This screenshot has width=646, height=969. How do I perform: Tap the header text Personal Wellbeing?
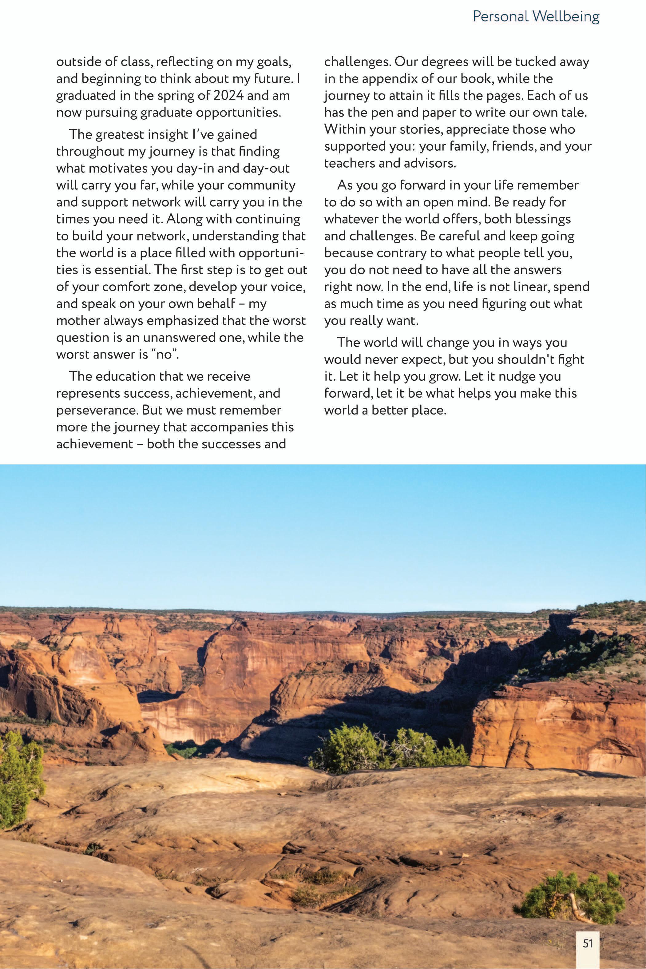(x=536, y=17)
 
